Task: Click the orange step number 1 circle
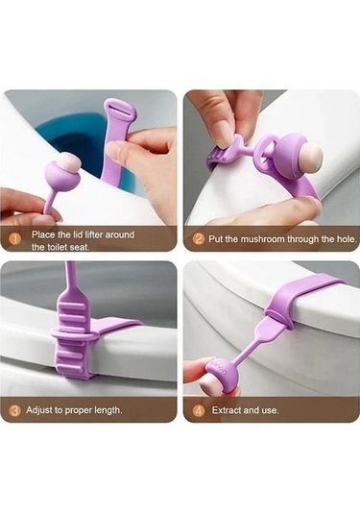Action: pos(15,238)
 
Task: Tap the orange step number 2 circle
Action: pos(198,238)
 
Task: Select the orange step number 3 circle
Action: pos(14,410)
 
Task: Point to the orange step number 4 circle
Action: pos(199,410)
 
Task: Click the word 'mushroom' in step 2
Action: pos(263,239)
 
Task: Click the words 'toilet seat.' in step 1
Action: pos(60,247)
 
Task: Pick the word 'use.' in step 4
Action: pos(271,410)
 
